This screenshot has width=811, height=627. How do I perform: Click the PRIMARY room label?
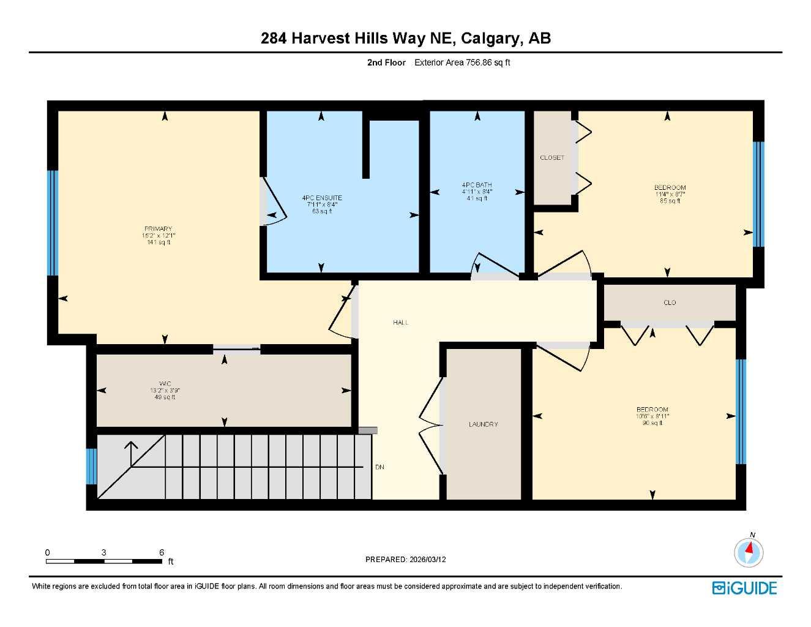click(x=158, y=229)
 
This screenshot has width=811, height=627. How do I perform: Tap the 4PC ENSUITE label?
click(x=322, y=198)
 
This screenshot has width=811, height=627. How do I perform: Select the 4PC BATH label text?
click(x=477, y=185)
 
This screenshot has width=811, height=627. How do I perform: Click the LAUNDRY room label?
click(x=484, y=424)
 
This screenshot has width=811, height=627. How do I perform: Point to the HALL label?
click(x=401, y=323)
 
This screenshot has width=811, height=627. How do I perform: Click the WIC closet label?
click(x=165, y=383)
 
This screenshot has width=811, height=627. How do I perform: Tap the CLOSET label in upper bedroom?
click(x=552, y=158)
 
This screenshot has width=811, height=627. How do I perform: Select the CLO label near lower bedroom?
click(x=670, y=303)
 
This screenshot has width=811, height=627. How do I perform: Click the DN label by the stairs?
click(x=379, y=467)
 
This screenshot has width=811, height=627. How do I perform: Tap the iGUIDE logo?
click(x=744, y=588)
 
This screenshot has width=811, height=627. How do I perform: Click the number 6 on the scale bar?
click(x=162, y=552)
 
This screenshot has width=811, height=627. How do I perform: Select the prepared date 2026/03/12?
click(x=428, y=560)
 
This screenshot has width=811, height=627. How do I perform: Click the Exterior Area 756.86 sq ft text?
click(x=462, y=62)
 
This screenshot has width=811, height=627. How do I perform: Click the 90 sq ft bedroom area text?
click(x=652, y=423)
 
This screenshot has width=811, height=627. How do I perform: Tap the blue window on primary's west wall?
click(x=53, y=223)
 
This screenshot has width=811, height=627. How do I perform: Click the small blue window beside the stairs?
click(x=91, y=467)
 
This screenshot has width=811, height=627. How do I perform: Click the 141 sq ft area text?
click(x=159, y=242)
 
